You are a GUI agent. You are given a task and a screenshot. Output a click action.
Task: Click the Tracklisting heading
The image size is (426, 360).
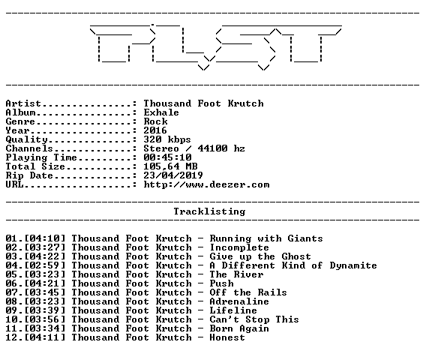tap(209, 211)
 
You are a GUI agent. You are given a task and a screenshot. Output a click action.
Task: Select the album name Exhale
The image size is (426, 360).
tap(161, 112)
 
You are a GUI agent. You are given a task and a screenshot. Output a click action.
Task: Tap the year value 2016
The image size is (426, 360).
tap(155, 130)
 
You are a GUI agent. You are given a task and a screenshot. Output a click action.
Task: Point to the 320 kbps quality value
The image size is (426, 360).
tap(167, 139)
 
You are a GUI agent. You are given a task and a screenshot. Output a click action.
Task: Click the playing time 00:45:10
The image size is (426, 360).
tap(168, 157)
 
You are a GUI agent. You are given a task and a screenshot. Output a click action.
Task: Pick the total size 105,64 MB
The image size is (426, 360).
tap(170, 166)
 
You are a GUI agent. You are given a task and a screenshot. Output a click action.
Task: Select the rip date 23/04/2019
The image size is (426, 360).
tap(173, 175)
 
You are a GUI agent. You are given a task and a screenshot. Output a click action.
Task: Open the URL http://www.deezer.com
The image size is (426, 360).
tap(206, 184)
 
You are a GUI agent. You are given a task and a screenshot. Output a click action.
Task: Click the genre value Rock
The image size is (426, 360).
tap(155, 121)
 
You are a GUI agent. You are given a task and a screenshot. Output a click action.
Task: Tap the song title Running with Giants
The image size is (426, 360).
tap(266, 238)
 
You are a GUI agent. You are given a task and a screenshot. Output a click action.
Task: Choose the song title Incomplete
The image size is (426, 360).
tap(239, 247)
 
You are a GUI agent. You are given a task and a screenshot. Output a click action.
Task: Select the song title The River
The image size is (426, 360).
tap(236, 274)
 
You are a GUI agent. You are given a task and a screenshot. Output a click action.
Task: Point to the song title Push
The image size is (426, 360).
tap(222, 283)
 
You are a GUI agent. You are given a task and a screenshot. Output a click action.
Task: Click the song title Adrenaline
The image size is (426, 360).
tap(239, 301)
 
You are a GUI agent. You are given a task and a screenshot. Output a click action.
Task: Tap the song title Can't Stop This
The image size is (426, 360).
tap(254, 319)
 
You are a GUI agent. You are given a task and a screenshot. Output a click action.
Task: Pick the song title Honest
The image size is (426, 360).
tap(227, 337)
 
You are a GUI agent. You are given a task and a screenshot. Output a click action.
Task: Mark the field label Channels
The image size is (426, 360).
tap(29, 148)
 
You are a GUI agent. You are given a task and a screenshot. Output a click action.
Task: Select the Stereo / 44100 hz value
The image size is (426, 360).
tap(194, 148)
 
